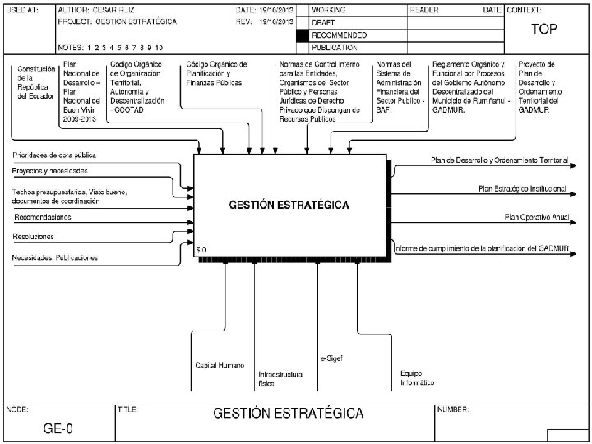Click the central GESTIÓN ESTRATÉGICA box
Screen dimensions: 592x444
tap(289, 205)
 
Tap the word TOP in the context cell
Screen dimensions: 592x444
tap(543, 29)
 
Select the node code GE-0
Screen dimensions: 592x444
tap(58, 428)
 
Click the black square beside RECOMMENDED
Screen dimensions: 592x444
tap(303, 35)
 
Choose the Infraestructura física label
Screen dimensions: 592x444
tap(280, 378)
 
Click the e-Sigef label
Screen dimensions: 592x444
tap(331, 358)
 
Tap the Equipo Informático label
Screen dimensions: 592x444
tap(418, 377)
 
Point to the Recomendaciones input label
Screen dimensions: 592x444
tap(42, 217)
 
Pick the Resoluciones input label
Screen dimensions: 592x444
tap(34, 236)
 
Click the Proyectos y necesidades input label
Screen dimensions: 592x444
tap(50, 171)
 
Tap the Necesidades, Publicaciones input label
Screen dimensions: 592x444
tap(55, 257)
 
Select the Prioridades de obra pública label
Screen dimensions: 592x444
tap(54, 155)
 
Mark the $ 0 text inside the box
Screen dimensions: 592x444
tap(201, 249)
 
